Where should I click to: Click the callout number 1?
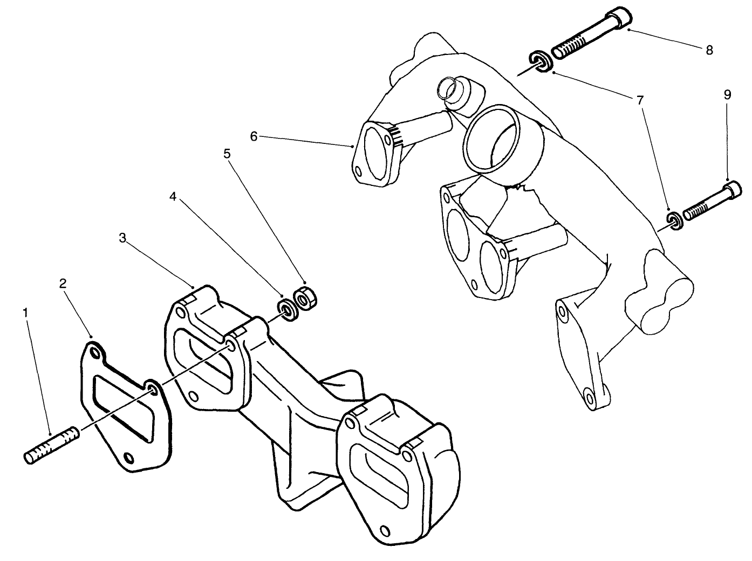pos(25,312)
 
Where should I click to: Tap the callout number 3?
pos(122,238)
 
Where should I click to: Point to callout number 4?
pos(173,197)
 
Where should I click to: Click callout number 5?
pos(227,154)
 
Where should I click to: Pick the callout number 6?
pos(254,136)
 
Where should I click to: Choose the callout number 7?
pos(640,100)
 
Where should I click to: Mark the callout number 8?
pos(709,50)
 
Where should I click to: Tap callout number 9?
pos(727,95)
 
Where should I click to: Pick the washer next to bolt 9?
pos(674,220)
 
